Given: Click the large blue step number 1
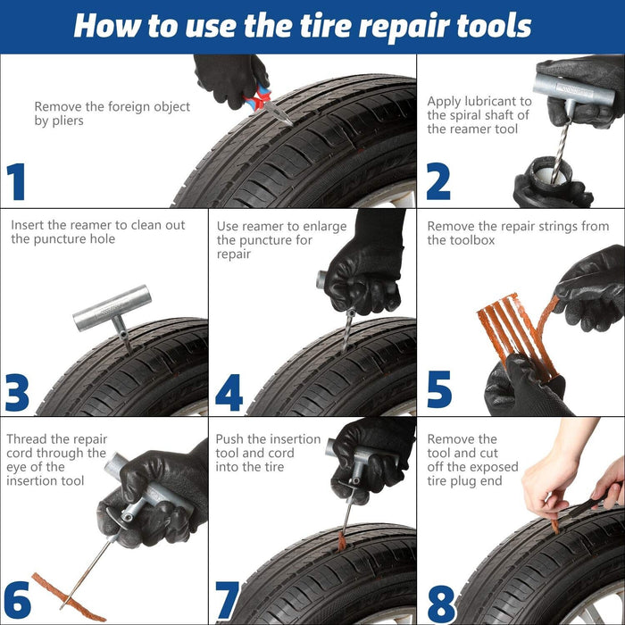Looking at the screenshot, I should tap(17, 181).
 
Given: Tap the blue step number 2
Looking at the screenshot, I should tap(437, 181).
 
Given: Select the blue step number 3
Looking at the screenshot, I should tap(17, 392).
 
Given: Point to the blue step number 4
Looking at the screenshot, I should tap(229, 392).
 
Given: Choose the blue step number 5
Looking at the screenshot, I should tap(438, 390).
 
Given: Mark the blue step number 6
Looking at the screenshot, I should tap(17, 603).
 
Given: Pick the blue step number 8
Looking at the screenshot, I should tap(440, 603).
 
